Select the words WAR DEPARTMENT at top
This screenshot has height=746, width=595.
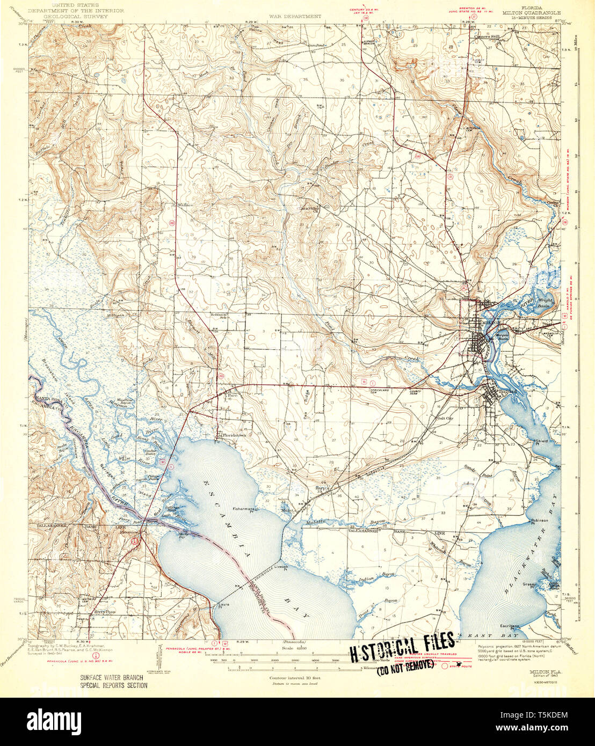pos(295,17)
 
